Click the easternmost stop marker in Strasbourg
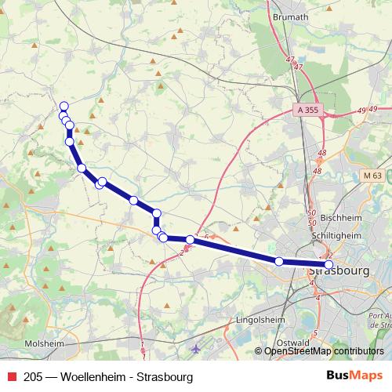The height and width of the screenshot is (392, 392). tap(328, 265)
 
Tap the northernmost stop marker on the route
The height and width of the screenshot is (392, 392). tap(64, 107)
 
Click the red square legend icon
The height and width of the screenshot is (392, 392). tap(10, 377)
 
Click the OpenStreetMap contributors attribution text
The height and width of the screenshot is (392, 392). tap(325, 352)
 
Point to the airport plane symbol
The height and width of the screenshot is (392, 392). tap(196, 347)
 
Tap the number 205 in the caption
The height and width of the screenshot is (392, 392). tap(34, 377)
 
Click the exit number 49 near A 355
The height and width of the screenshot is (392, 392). tap(361, 110)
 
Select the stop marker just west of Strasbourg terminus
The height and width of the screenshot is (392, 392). tap(279, 261)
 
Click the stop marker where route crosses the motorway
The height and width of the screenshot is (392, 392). tap(190, 239)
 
